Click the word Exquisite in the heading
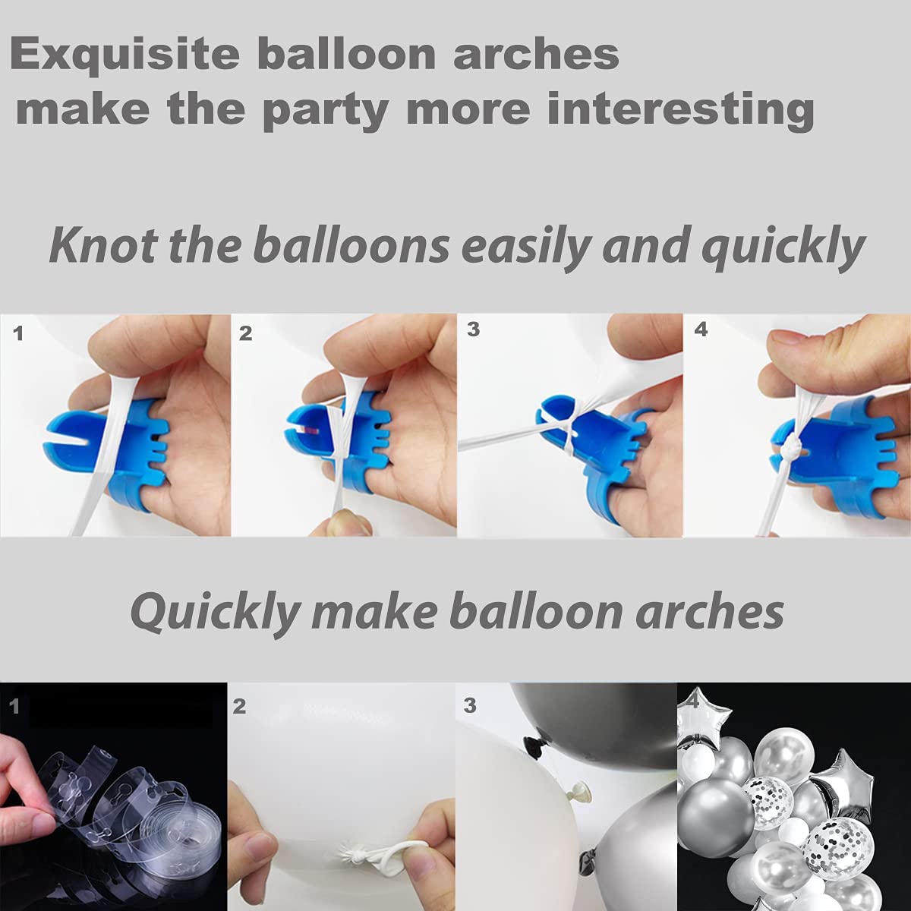pos(125,56)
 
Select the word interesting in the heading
pos(680,109)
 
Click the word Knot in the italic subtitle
pos(102,245)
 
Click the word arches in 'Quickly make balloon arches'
pos(709,613)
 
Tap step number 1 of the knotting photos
pos(18,334)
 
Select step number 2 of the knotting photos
pos(245,334)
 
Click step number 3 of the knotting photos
pos(473,329)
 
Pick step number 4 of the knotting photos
pos(701,329)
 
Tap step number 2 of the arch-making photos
pos(239,706)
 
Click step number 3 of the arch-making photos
pos(469,705)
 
